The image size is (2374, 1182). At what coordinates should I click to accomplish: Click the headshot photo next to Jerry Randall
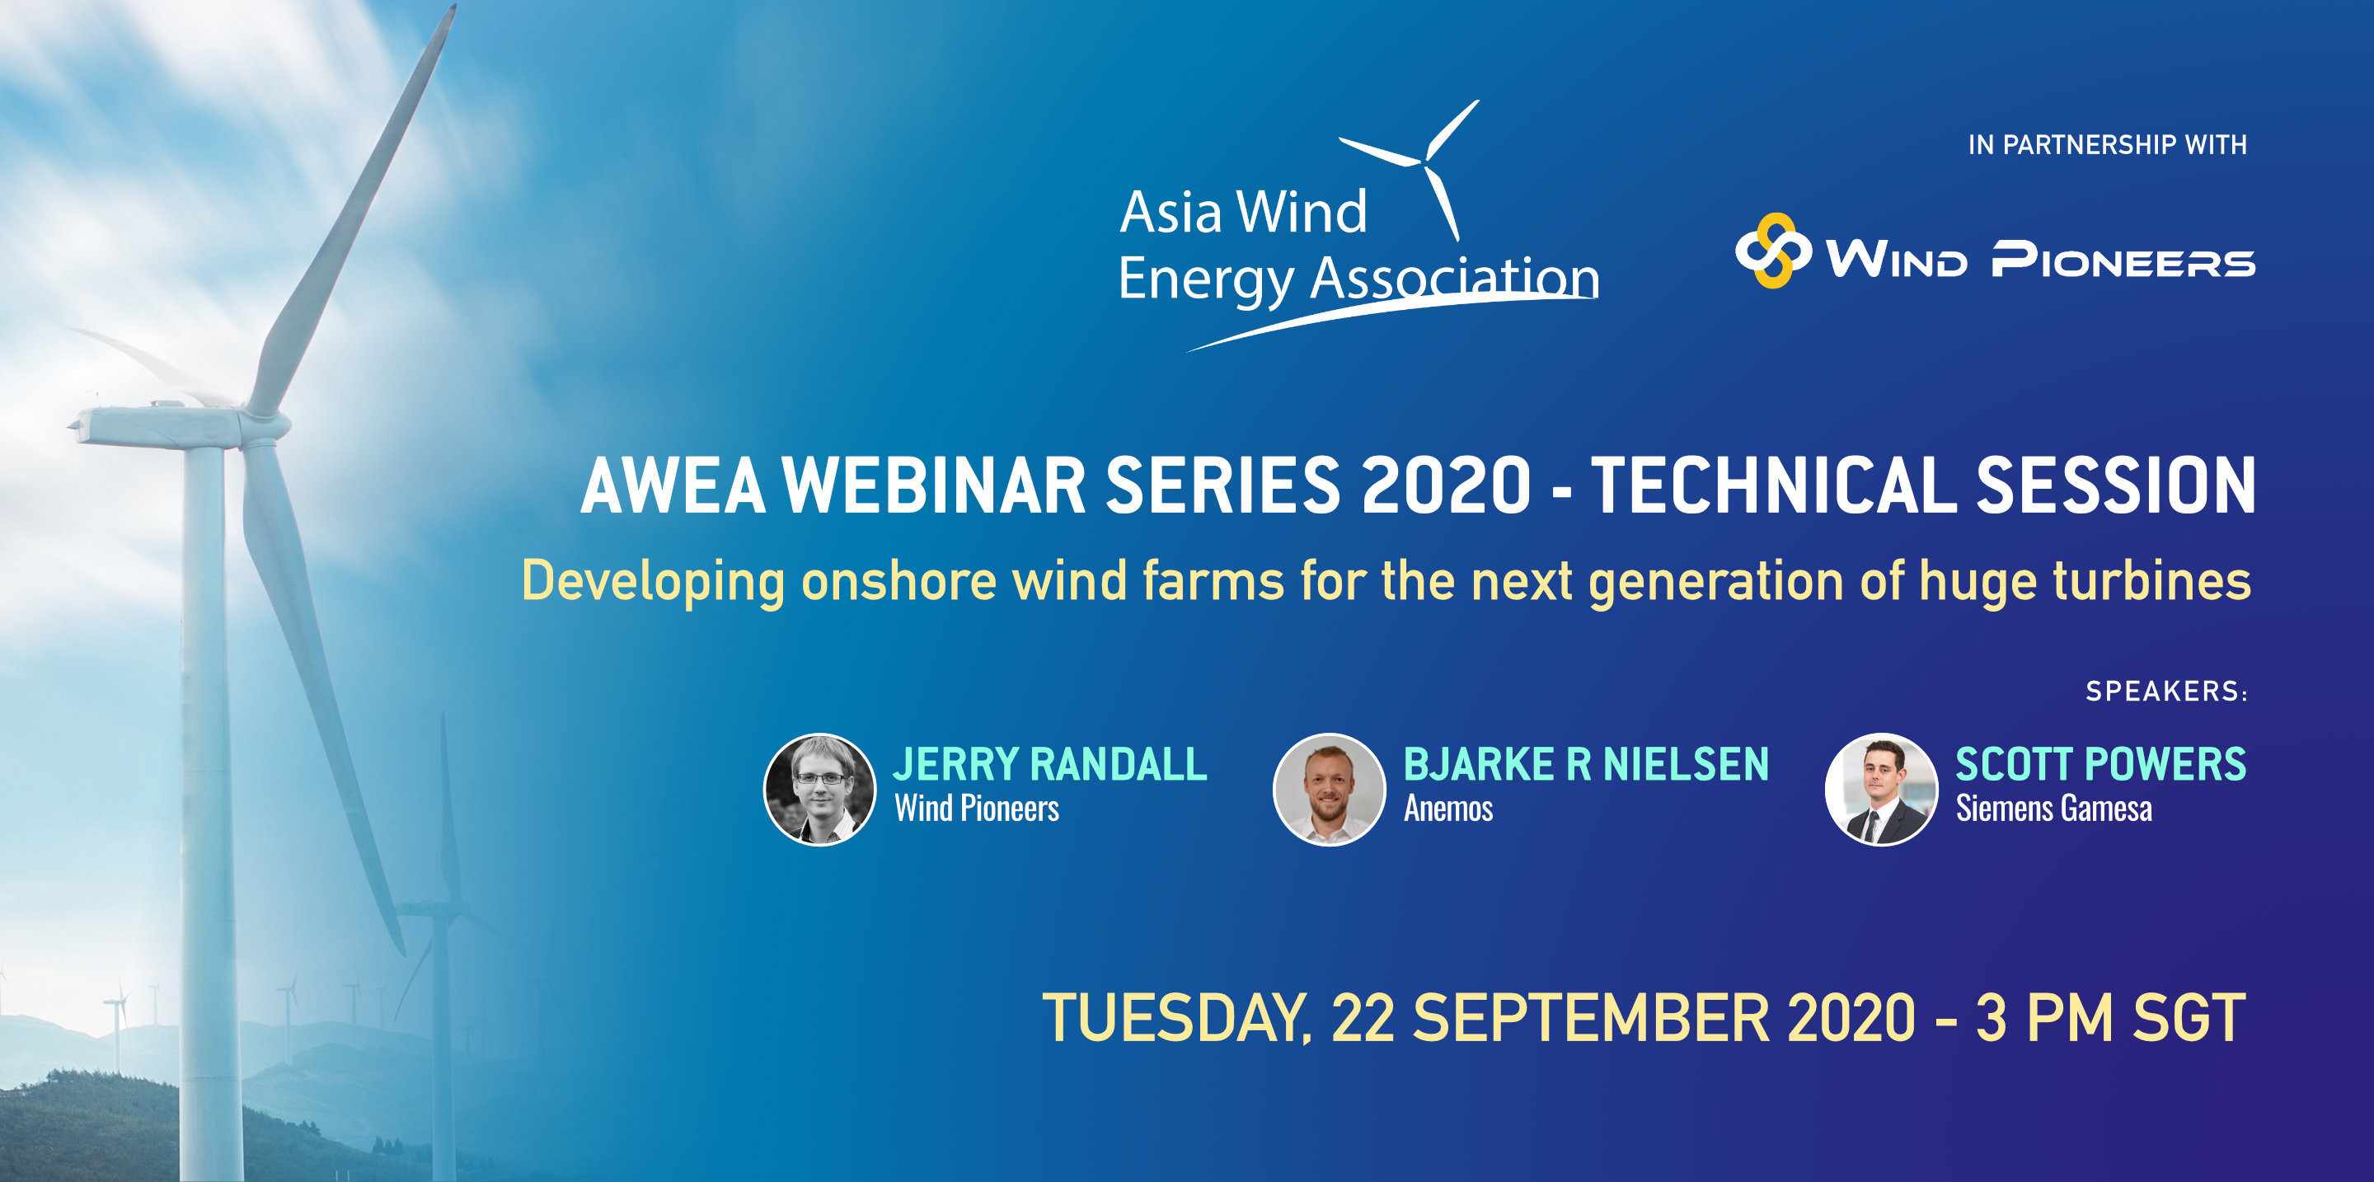[x=819, y=790]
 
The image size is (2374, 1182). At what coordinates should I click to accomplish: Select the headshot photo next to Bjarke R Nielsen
[x=1329, y=790]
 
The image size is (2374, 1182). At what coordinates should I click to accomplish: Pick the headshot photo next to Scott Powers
[x=1881, y=790]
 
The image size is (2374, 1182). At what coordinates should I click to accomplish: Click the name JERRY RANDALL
[x=1049, y=764]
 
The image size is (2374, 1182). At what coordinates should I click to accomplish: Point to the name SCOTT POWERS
[x=2101, y=764]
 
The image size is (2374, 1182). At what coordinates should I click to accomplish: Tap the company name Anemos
[x=1447, y=809]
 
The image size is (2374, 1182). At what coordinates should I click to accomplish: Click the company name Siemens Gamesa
[x=2053, y=809]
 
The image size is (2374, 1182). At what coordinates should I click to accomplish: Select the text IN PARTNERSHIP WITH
[x=2107, y=144]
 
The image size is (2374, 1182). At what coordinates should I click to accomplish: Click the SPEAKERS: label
[x=2166, y=691]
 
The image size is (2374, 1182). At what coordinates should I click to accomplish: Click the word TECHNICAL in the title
[x=1773, y=485]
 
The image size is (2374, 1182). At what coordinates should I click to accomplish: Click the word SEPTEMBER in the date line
[x=1591, y=1018]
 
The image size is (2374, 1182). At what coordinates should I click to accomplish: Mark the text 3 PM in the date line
[x=2043, y=1018]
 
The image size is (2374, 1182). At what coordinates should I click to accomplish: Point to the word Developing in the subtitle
[x=654, y=582]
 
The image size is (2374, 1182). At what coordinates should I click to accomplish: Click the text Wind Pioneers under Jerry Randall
[x=976, y=809]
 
